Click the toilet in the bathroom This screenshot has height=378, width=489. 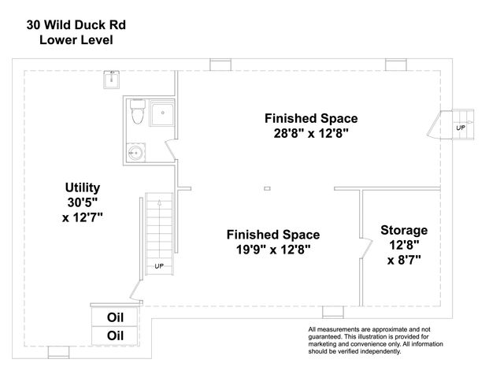138,113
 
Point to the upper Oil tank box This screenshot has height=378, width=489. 115,317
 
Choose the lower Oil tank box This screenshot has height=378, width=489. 115,335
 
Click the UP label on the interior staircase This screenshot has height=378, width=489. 159,266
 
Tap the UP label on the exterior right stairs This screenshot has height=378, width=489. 461,128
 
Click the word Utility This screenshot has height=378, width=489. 83,187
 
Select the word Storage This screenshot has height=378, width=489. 404,230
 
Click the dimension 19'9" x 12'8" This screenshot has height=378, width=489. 272,250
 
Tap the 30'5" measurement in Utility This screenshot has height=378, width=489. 83,202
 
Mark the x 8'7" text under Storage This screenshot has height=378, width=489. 404,261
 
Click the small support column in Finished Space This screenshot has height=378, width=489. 268,188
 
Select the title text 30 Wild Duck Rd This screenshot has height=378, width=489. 76,24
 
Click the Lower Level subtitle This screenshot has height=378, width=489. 76,39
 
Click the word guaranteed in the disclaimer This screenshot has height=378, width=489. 328,335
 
